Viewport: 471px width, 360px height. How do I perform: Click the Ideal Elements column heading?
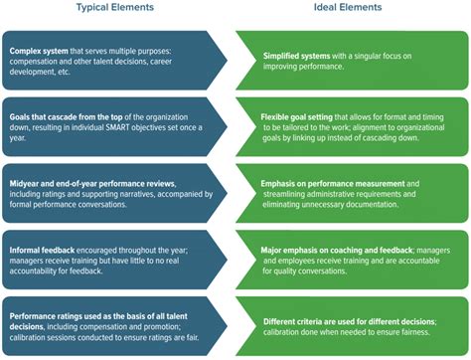point(349,8)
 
